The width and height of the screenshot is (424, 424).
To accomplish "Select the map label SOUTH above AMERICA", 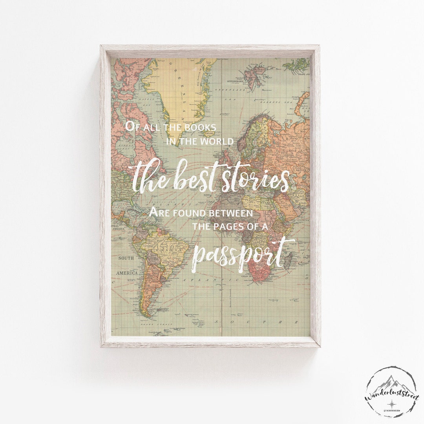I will pos(126,258).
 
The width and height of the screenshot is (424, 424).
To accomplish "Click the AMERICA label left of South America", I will pos(127,272).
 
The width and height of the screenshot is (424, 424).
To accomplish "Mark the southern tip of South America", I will pos(146,314).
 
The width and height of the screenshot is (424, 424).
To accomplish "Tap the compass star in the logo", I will pos(391,404).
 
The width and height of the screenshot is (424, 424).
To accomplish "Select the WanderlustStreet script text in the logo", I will pos(391,394).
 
